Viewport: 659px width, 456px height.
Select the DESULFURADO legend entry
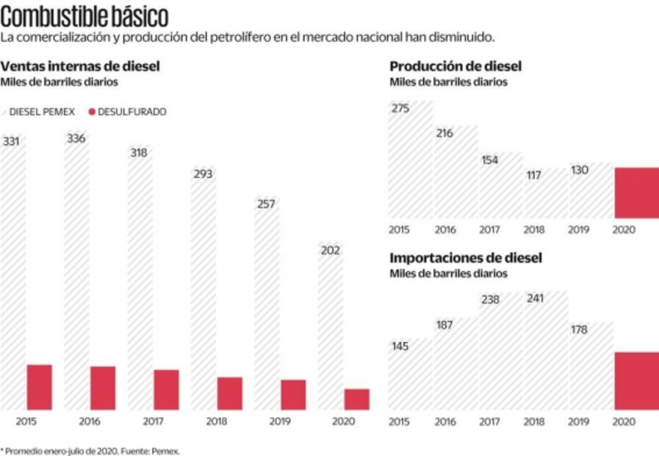pyautogui.click(x=127, y=112)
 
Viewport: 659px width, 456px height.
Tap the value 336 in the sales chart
pyautogui.click(x=76, y=138)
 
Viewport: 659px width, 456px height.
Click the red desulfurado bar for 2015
pyautogui.click(x=39, y=387)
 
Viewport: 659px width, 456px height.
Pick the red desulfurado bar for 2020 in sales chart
pyautogui.click(x=356, y=399)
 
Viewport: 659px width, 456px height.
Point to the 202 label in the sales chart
pyautogui.click(x=330, y=251)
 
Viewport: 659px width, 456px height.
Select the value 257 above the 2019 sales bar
pyautogui.click(x=266, y=204)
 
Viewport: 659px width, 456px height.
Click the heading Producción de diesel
pyautogui.click(x=455, y=68)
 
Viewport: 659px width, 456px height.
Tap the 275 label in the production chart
pyautogui.click(x=400, y=108)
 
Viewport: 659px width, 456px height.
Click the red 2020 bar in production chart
pyautogui.click(x=636, y=193)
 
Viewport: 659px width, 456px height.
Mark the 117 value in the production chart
pyautogui.click(x=534, y=176)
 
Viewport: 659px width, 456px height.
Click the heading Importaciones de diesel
pyautogui.click(x=465, y=258)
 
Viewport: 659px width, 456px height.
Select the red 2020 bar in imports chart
pyautogui.click(x=636, y=381)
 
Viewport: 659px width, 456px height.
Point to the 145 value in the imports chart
pyautogui.click(x=400, y=346)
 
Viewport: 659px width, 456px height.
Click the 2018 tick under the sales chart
pyautogui.click(x=216, y=421)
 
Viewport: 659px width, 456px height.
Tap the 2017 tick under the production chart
pyautogui.click(x=489, y=229)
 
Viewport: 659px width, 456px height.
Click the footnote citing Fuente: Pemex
pyautogui.click(x=90, y=450)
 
